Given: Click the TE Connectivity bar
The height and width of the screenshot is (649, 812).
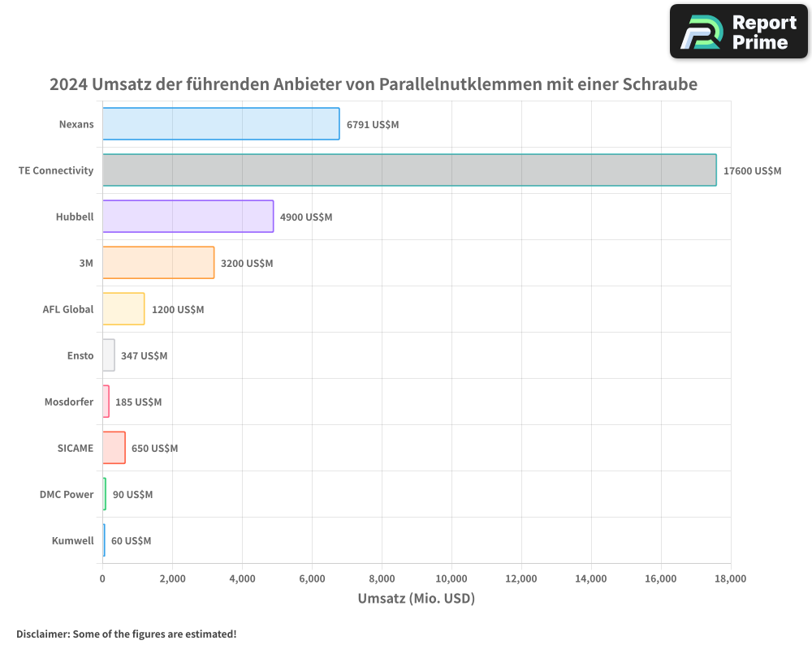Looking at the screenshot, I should point(409,170).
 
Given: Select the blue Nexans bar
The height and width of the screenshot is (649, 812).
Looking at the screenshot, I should point(221,124).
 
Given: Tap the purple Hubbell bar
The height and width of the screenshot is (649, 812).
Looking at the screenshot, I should point(188,217).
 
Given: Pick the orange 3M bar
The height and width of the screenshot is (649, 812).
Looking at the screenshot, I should point(158,263).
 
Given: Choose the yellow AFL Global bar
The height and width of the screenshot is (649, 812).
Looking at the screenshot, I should point(123,309).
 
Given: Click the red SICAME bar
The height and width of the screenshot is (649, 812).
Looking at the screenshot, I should point(114,448).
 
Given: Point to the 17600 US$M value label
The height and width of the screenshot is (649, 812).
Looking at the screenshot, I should point(752,171).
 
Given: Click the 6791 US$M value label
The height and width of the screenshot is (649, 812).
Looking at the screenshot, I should point(373,125).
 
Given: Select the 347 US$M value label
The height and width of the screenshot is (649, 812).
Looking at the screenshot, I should point(144,356).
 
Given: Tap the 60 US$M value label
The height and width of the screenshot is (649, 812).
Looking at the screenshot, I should point(131,541).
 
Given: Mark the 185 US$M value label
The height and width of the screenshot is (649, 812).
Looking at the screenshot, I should point(138,402).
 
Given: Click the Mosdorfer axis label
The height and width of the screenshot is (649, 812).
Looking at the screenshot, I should point(69,402).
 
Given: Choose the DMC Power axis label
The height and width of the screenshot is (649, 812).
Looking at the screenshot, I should point(67,495).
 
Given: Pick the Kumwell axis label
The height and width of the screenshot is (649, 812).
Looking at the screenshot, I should point(72,541).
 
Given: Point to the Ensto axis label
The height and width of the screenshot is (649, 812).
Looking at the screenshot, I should point(80,356).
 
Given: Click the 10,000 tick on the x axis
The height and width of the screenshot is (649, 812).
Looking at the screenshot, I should point(451,578).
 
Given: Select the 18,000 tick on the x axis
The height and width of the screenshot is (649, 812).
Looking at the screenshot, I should point(730,578).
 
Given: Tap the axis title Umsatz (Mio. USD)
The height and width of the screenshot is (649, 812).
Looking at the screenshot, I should point(416,599).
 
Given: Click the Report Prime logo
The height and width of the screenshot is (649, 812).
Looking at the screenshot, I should point(739,32).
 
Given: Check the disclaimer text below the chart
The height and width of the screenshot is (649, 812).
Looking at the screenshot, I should point(127,634).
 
